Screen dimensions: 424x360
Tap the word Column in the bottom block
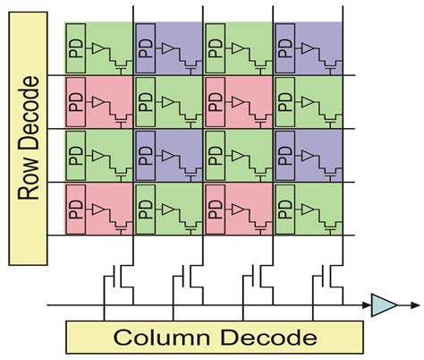(x=162, y=338)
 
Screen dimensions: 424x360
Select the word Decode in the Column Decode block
(x=268, y=338)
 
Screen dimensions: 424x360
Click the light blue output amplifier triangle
(x=384, y=305)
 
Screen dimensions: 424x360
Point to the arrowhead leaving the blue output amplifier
(x=415, y=305)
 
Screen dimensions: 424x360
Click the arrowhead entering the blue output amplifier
(x=367, y=305)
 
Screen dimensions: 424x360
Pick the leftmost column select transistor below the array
(x=118, y=276)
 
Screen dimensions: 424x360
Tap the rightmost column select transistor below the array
(x=327, y=276)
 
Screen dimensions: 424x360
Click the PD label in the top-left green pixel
(x=76, y=48)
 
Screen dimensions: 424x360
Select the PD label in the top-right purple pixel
(x=285, y=48)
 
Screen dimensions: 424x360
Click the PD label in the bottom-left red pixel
(x=76, y=210)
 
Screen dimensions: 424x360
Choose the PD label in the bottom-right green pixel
(x=285, y=210)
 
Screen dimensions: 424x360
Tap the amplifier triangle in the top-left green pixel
(x=98, y=48)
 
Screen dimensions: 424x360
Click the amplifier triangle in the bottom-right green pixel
(x=308, y=210)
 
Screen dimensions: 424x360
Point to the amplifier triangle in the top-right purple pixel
(x=308, y=48)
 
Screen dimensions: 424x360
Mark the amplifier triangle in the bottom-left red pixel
(x=98, y=210)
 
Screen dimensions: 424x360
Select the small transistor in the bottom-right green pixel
(x=330, y=227)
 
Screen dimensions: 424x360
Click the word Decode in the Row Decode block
(x=29, y=113)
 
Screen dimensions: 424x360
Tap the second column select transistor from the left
(x=188, y=276)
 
